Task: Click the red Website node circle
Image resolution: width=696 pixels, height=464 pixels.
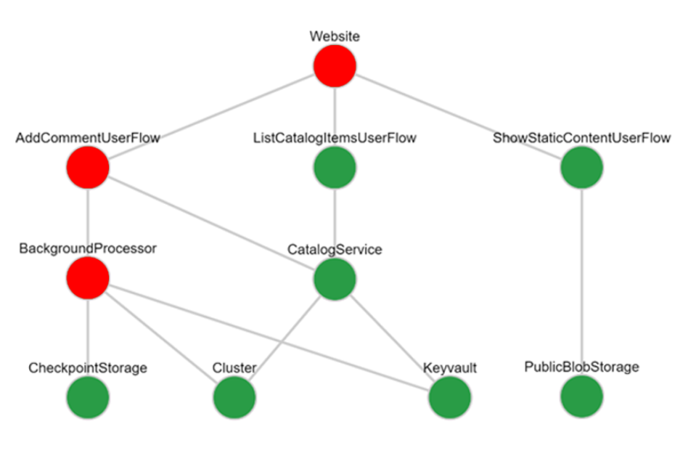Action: coord(335,65)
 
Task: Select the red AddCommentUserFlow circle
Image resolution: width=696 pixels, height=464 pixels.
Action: coord(88,168)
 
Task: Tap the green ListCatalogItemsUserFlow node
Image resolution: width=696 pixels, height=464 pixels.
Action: coord(335,168)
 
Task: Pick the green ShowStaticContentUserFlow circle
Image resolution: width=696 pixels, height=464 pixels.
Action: coord(582,168)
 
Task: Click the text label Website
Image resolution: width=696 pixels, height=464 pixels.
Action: coord(335,36)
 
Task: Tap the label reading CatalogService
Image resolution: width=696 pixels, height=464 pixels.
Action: coord(335,250)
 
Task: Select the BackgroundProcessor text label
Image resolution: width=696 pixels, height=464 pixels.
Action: coord(88,248)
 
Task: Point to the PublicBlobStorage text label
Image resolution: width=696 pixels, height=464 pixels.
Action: coord(582,367)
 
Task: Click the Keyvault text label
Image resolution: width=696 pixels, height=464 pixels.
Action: coord(449,368)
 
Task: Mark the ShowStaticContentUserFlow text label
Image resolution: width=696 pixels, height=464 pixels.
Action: coord(582,138)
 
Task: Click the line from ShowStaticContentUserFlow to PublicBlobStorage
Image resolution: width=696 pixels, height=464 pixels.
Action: coord(582,283)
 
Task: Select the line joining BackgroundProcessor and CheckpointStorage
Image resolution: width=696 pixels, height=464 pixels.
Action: coord(88,338)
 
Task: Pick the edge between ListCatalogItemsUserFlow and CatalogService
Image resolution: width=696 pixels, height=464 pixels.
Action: coord(335,221)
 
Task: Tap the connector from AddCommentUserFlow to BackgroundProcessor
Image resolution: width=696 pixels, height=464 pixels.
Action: coord(88,221)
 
